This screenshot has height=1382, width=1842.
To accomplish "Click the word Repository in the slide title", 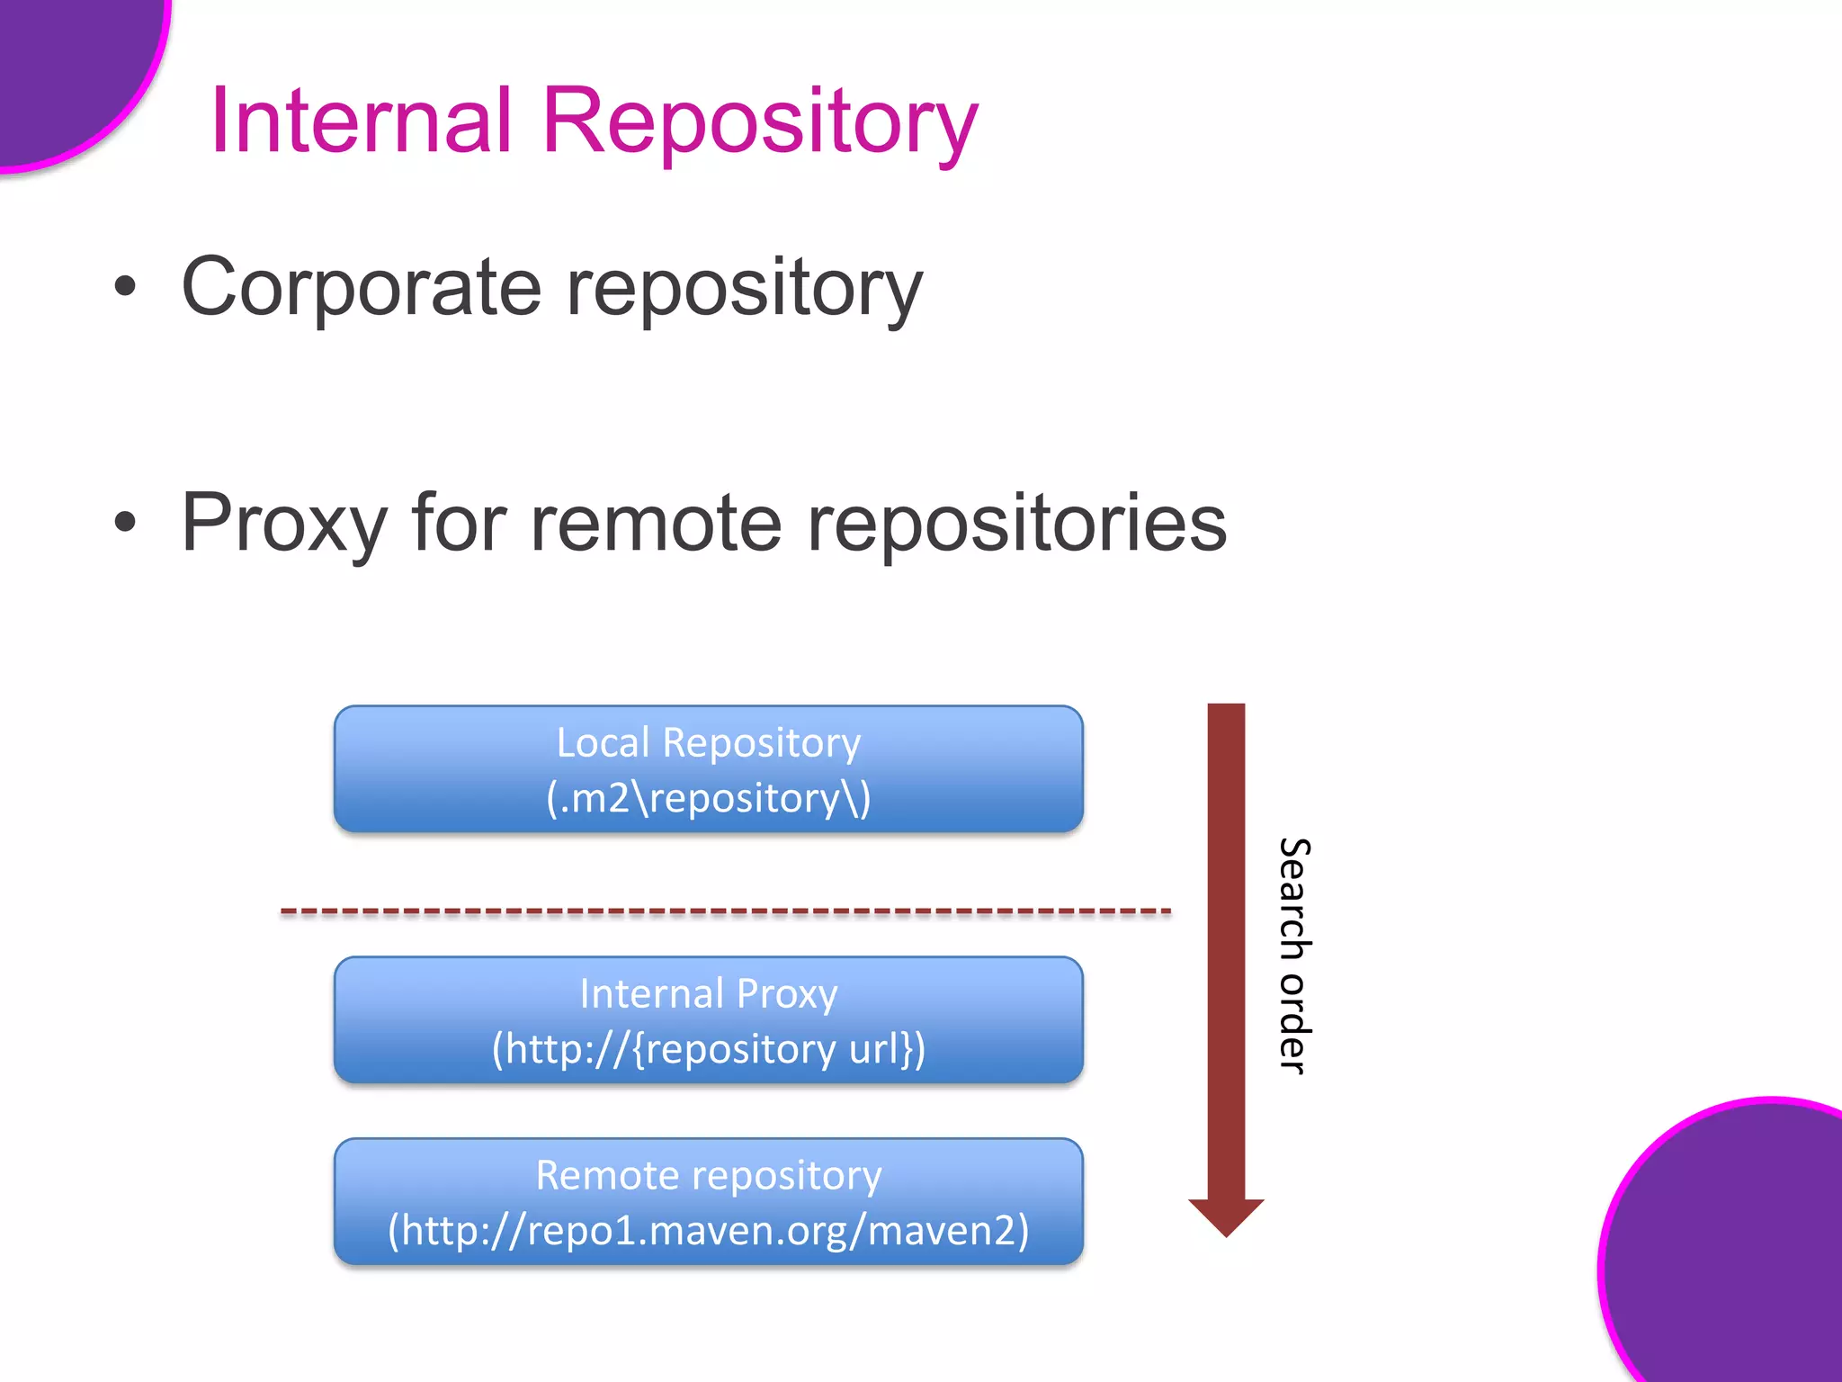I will tap(759, 121).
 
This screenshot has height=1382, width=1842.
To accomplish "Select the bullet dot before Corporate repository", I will tap(126, 287).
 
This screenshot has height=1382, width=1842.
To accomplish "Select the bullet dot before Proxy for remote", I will tap(126, 522).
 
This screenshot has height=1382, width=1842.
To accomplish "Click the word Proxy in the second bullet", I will tap(284, 524).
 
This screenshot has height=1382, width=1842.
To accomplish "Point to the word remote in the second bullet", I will tap(656, 524).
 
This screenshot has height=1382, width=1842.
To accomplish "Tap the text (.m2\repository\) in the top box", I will tap(708, 798).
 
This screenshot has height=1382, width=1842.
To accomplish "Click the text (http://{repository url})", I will tap(708, 1049).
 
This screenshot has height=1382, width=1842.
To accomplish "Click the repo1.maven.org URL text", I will tap(708, 1231).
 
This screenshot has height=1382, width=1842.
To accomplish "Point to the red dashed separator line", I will tap(725, 911).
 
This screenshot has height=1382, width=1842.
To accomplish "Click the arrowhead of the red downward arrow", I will tap(1226, 1216).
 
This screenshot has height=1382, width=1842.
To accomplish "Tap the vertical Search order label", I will tap(1294, 956).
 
